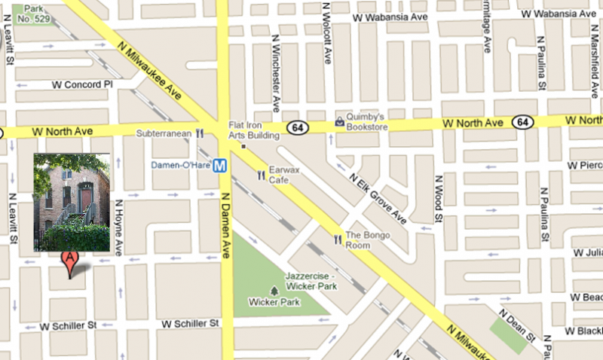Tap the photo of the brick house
(72, 202)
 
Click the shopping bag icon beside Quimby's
(339, 121)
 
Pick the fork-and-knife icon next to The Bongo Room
(338, 239)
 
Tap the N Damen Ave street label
(223, 225)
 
